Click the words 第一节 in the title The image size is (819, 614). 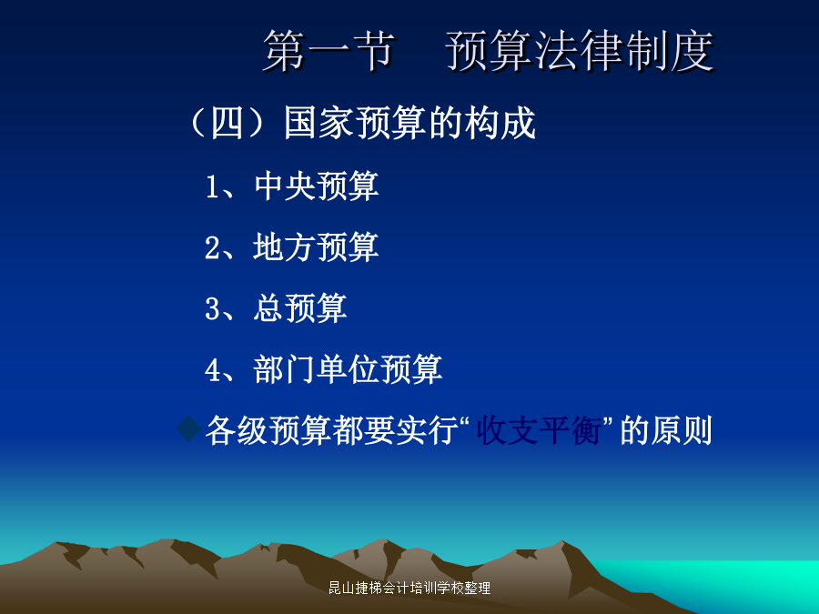click(329, 50)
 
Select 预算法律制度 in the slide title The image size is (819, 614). click(580, 50)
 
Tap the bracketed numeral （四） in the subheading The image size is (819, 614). click(227, 123)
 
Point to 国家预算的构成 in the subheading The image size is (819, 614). click(410, 123)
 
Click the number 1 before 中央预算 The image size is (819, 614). click(212, 186)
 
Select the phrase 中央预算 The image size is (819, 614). click(317, 186)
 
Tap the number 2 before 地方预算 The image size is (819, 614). click(212, 248)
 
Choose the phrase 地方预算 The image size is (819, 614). click(317, 247)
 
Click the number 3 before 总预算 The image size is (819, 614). click(212, 309)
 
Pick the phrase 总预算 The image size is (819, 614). click(300, 308)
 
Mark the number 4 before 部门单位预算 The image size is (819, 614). click(212, 370)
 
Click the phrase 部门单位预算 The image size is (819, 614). click(349, 369)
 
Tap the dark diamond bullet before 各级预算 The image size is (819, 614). click(188, 429)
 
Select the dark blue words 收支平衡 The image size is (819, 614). click(539, 431)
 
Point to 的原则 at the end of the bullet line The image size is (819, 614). click(666, 431)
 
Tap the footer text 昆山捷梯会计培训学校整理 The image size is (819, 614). click(409, 588)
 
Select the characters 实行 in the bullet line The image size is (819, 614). click(426, 431)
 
